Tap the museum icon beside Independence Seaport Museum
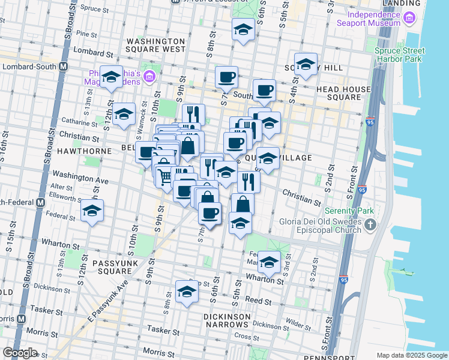tap(411, 19)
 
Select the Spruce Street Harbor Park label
tap(403, 55)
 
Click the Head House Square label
tap(343, 93)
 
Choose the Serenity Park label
tap(349, 211)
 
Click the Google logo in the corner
tap(20, 353)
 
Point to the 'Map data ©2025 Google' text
tap(411, 355)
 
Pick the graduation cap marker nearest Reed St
tap(187, 292)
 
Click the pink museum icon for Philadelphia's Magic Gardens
tap(149, 76)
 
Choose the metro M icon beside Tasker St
tap(21, 319)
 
